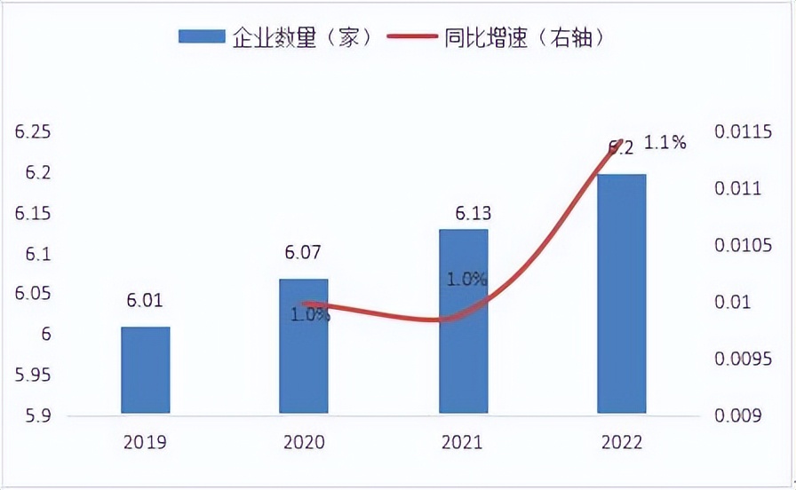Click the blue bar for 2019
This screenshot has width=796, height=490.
click(145, 370)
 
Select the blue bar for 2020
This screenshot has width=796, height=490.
click(304, 346)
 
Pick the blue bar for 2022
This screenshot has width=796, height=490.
click(621, 294)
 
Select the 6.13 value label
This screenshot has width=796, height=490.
click(462, 213)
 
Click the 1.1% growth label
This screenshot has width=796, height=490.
click(665, 142)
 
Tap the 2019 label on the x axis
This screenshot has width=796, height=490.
click(144, 441)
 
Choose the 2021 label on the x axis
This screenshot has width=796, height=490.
click(462, 441)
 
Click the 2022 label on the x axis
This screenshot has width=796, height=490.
click(621, 441)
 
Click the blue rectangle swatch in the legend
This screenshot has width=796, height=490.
click(203, 36)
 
